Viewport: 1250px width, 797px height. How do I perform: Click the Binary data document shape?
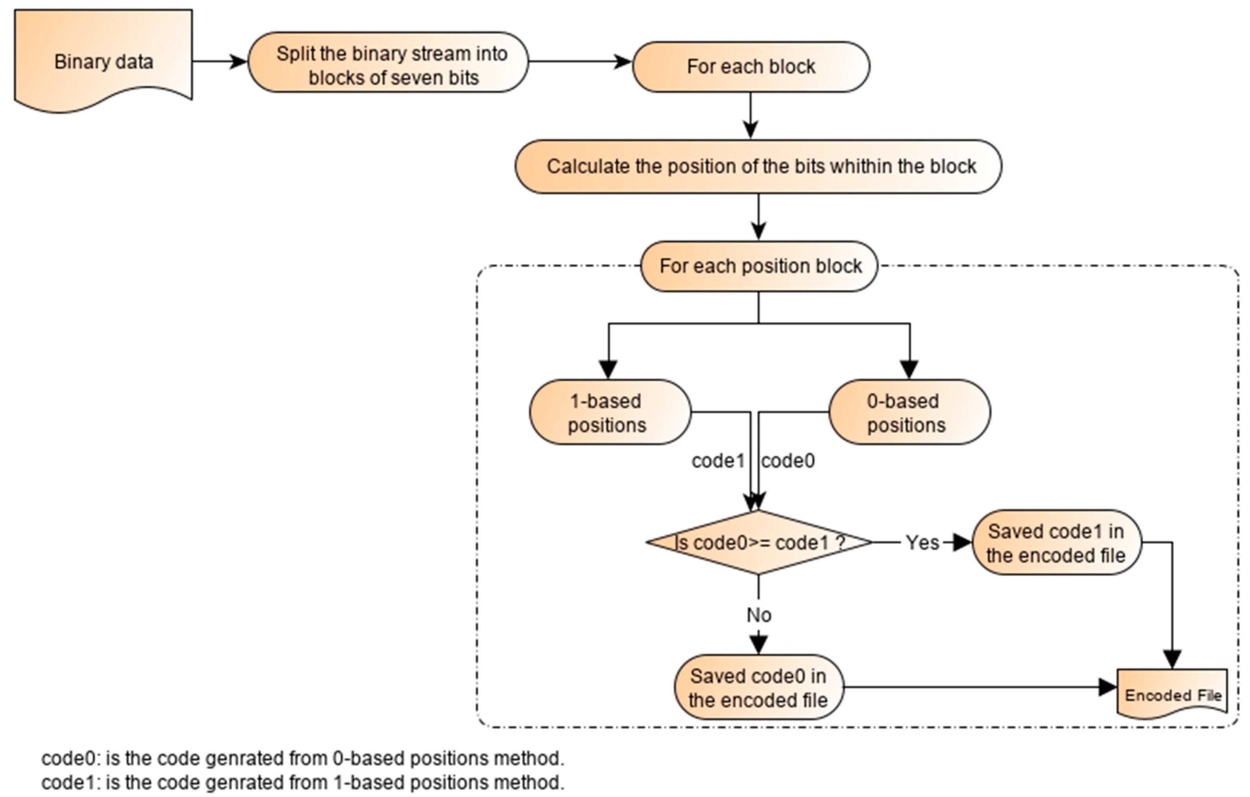[x=103, y=61]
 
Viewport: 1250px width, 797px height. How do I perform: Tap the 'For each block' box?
[x=751, y=66]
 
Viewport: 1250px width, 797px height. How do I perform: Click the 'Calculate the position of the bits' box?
[x=758, y=167]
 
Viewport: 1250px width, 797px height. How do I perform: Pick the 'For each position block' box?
[x=760, y=266]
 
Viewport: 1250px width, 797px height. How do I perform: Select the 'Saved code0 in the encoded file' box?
[x=758, y=687]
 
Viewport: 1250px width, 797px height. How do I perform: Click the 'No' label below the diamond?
[x=758, y=615]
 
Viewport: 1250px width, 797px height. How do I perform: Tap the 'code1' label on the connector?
[x=718, y=461]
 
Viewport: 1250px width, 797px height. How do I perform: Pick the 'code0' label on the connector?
[x=788, y=461]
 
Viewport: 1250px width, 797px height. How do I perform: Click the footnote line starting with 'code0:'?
[x=302, y=759]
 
